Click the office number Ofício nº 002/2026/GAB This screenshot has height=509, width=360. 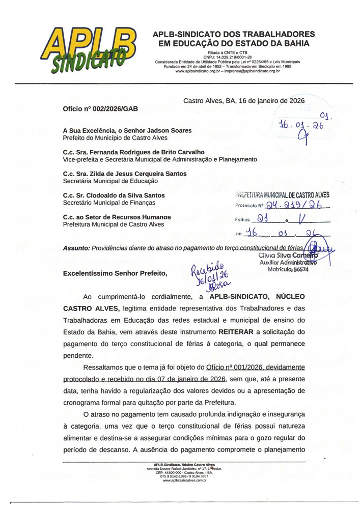[100, 109]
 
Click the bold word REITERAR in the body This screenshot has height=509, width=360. [241, 332]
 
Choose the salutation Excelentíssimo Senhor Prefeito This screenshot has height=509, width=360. [115, 273]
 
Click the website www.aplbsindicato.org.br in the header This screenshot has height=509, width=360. [199, 71]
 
